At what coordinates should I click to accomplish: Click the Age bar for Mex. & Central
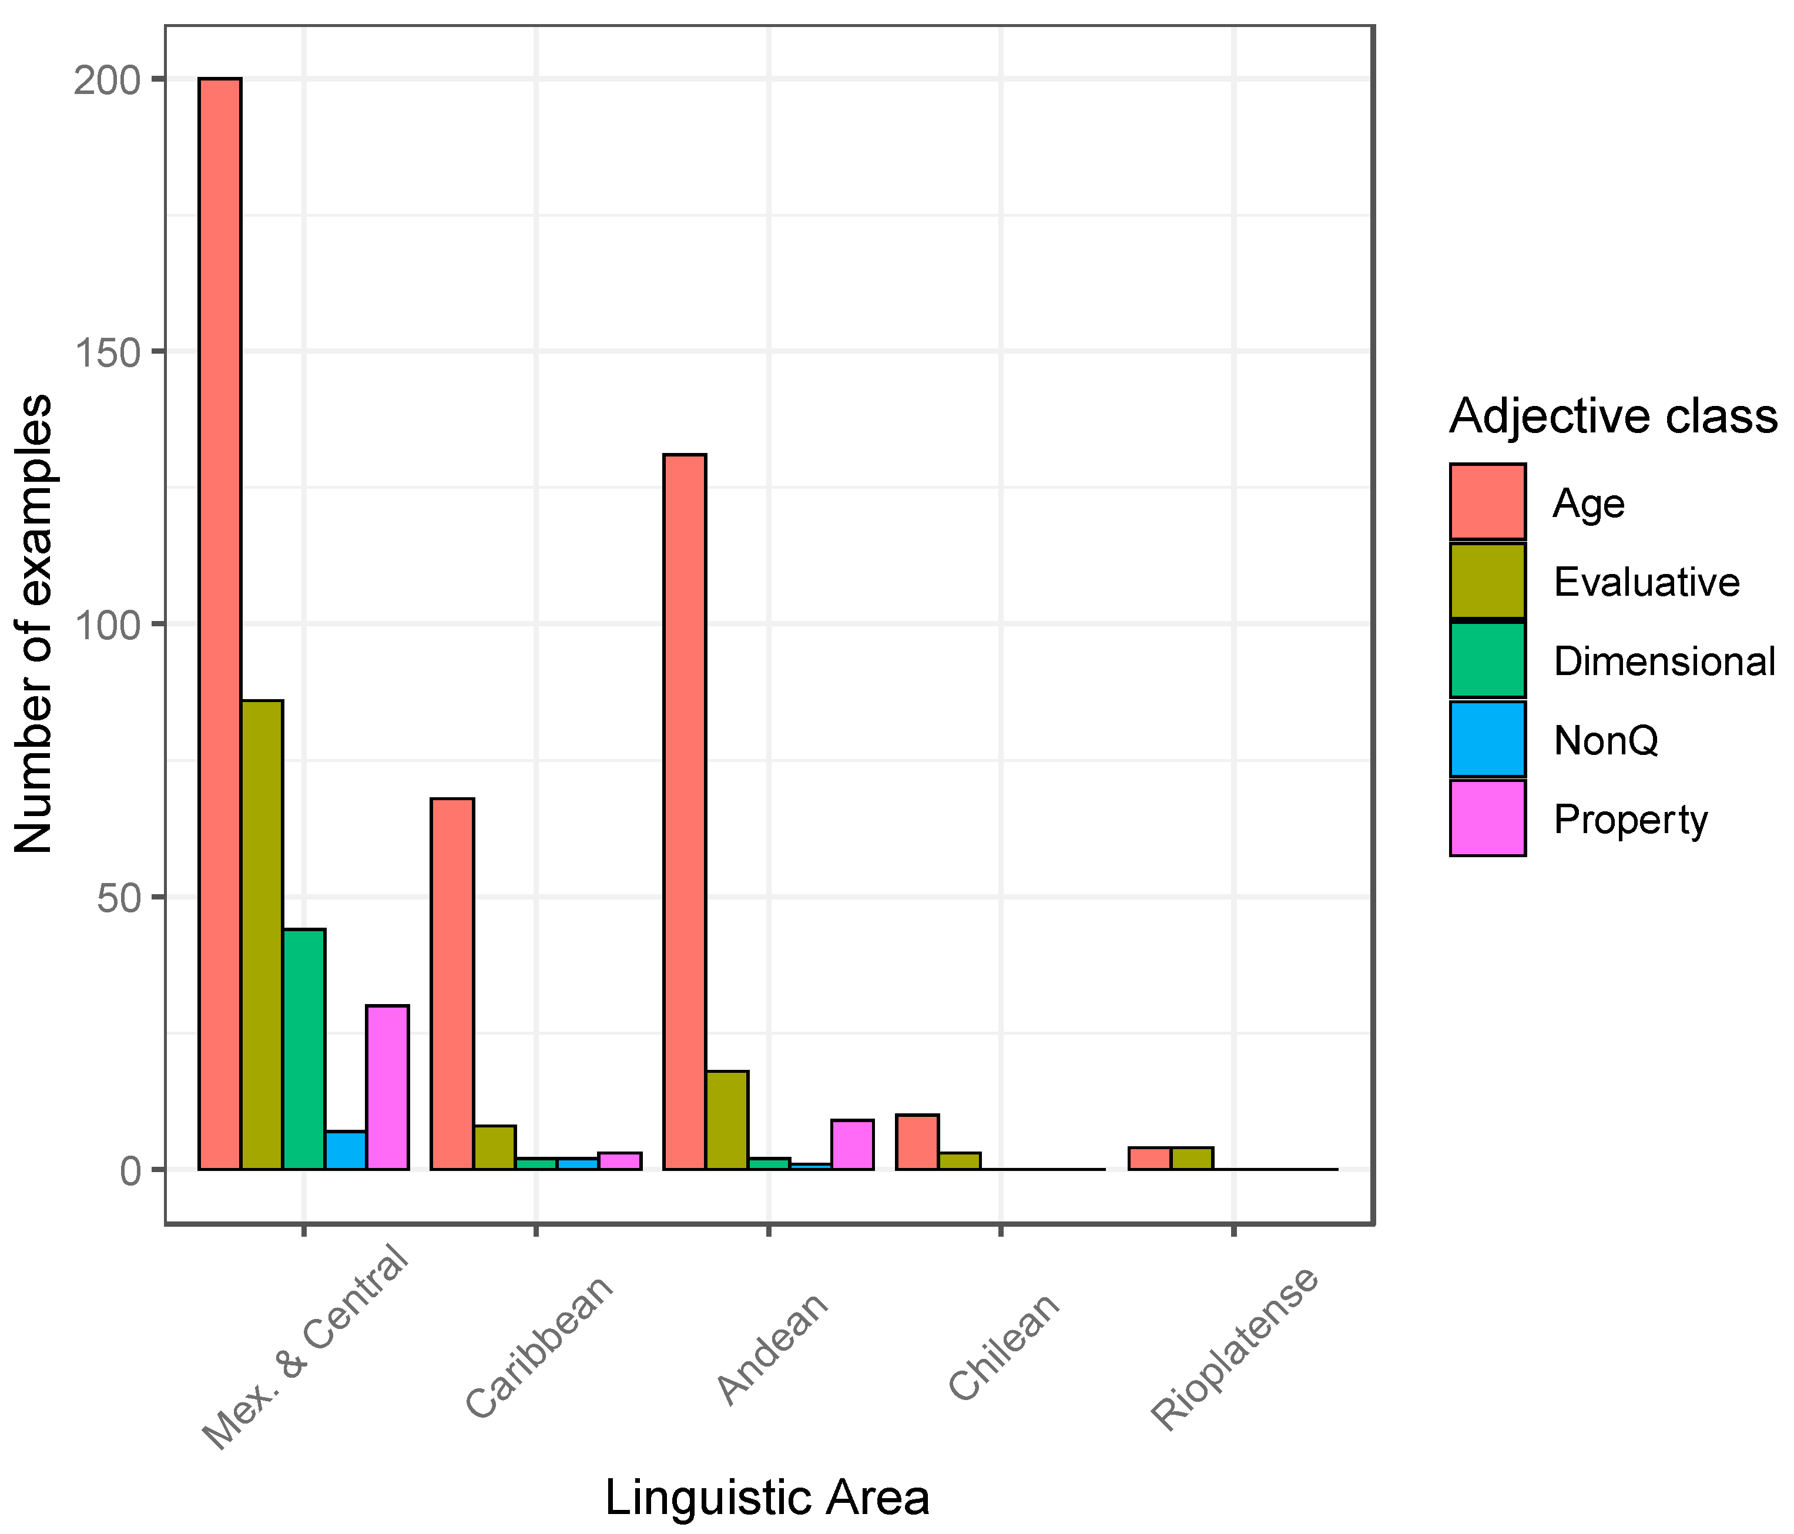point(220,623)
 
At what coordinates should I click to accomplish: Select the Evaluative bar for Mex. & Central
point(262,935)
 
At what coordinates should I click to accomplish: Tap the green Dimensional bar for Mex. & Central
point(304,1049)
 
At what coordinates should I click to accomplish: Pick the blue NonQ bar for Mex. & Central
point(346,1150)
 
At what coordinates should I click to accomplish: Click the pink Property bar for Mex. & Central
point(388,1087)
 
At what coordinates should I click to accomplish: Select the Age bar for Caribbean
point(452,983)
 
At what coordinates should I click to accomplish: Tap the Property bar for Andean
point(853,1144)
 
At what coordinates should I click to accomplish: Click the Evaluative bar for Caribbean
point(494,1147)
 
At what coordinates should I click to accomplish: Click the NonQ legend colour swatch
point(1487,739)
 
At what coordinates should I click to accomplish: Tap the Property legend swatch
point(1487,818)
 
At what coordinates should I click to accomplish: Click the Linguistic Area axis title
point(767,1498)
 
